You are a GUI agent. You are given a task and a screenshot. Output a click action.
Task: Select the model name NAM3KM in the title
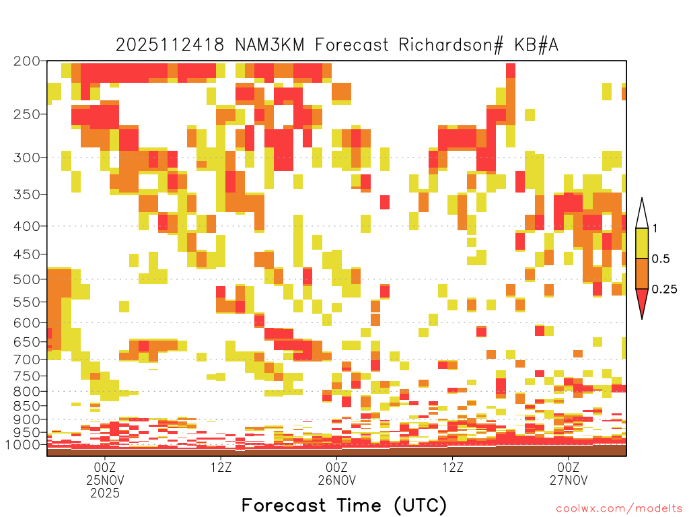[269, 45]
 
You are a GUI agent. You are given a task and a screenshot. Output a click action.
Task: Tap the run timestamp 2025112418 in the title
[170, 45]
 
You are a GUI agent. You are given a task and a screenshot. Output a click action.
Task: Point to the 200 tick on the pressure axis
[27, 61]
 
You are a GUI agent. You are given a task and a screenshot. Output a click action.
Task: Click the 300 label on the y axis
[27, 158]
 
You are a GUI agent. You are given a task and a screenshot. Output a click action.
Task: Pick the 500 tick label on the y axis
[27, 279]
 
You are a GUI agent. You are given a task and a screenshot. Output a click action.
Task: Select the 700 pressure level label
[27, 359]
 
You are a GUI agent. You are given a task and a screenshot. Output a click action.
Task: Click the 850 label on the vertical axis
[27, 406]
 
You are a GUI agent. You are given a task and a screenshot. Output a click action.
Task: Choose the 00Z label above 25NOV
[104, 467]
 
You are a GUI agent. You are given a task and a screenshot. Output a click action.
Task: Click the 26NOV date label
[336, 480]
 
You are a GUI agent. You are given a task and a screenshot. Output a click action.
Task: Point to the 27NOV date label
[568, 480]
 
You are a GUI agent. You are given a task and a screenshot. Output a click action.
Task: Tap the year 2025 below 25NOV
[104, 493]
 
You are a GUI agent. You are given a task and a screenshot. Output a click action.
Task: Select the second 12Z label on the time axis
[453, 467]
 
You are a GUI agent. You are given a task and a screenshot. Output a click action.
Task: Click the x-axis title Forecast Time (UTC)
[344, 506]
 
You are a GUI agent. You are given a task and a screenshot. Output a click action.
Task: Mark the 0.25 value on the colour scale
[664, 289]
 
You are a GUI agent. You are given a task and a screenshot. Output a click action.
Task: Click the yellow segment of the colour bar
[642, 243]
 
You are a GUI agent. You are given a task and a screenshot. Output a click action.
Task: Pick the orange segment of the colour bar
[642, 273]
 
